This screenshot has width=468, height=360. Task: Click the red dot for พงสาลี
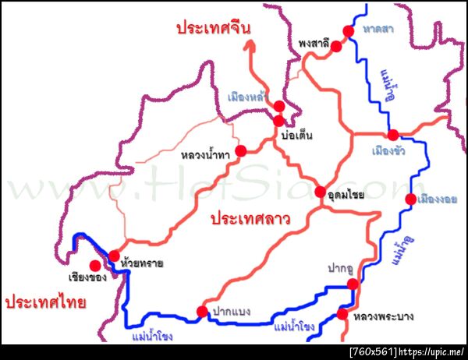click(336, 47)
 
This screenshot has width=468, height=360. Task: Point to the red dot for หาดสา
click(349, 30)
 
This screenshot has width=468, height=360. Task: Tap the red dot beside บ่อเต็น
click(278, 121)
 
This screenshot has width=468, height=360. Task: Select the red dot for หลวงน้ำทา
click(240, 150)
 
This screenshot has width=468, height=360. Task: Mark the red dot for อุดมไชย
click(320, 192)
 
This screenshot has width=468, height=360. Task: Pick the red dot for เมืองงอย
click(410, 199)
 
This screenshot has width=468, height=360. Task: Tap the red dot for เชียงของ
click(95, 264)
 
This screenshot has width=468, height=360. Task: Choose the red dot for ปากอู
click(352, 284)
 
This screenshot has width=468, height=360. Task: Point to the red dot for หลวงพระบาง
click(342, 315)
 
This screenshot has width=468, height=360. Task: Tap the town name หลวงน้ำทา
click(204, 156)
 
